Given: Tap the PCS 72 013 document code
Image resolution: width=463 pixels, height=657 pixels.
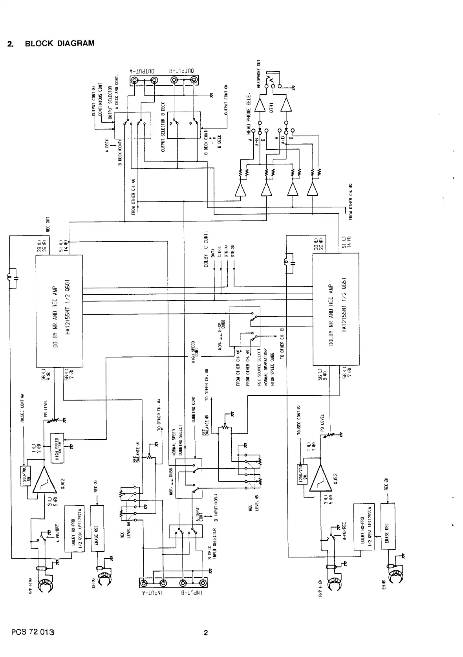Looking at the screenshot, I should click(33, 632).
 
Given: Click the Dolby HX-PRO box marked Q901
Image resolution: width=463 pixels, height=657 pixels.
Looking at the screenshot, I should click(77, 529).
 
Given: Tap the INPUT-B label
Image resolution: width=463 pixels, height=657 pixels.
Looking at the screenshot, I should click(192, 593).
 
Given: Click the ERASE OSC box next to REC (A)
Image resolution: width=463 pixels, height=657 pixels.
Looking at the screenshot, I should click(97, 529).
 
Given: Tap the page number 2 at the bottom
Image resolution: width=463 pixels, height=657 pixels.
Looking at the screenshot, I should click(205, 633).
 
